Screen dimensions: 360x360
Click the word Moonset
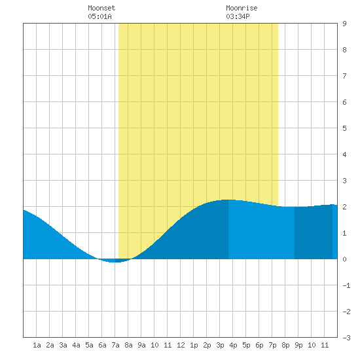pos(101,8)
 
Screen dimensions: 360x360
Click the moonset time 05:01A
pos(100,16)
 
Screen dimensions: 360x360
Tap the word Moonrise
pos(242,8)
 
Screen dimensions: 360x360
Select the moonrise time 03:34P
pos(238,16)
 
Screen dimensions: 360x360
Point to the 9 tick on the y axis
pos(344,24)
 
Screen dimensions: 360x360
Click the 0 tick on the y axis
pos(344,259)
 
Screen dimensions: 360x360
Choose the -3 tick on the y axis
pos(346,338)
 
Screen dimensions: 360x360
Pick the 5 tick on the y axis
pos(344,128)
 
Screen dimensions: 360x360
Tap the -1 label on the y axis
pos(346,285)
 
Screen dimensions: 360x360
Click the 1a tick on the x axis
pos(37,345)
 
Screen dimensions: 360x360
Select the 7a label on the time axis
pos(115,345)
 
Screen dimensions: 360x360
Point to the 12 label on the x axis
pos(181,345)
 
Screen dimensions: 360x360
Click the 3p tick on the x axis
pos(220,345)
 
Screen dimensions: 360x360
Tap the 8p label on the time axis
pos(285,345)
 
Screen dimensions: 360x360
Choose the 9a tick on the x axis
pos(141,345)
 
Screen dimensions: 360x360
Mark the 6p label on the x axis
pos(259,345)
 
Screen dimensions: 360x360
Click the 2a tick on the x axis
pos(50,345)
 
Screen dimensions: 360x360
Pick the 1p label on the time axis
pos(194,345)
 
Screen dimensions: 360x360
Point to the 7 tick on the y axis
pos(344,76)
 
